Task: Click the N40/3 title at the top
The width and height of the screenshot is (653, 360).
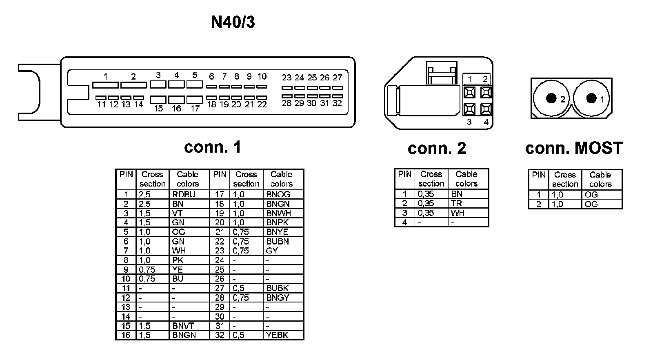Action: click(233, 22)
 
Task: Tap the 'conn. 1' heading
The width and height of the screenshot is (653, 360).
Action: click(212, 147)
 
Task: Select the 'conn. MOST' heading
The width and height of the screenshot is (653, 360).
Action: click(574, 148)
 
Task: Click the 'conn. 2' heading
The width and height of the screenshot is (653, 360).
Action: click(437, 148)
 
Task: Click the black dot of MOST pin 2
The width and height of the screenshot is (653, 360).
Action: click(551, 98)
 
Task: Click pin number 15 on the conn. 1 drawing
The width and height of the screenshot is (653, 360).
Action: click(158, 109)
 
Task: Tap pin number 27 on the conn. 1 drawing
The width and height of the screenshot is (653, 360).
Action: click(337, 78)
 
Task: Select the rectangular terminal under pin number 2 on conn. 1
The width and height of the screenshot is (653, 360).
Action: click(133, 85)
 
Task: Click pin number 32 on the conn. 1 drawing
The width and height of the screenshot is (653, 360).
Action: click(337, 103)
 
